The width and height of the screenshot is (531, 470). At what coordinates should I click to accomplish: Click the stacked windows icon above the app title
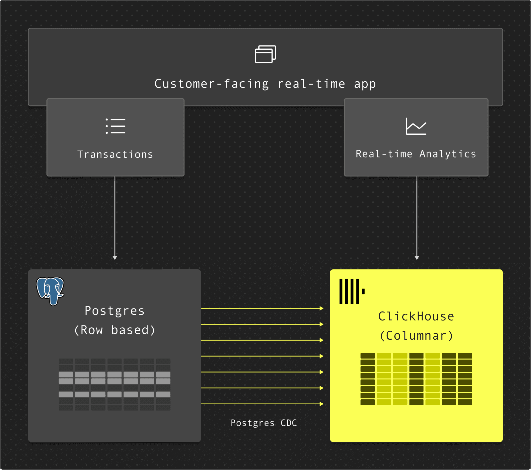pos(265,54)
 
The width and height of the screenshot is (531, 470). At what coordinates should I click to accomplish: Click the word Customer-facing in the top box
pos(211,84)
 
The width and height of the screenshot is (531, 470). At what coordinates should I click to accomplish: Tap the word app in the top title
pos(365,84)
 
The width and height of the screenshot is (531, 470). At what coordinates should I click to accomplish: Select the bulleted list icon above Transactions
pos(115,126)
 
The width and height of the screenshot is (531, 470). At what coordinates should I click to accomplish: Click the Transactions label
pos(115,155)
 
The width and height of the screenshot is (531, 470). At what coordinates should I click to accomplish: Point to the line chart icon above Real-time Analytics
pos(416,126)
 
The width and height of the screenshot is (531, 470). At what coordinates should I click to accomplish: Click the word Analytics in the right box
pos(448,154)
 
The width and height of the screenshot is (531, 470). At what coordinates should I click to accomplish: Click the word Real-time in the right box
pos(384,154)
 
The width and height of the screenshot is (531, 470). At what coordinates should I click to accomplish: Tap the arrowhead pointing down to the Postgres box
pos(115,258)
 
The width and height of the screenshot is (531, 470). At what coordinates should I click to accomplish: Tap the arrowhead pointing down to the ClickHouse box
pos(417,258)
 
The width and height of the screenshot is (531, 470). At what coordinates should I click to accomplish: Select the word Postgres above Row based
pos(114,311)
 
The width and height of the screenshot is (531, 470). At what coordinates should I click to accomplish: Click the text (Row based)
pos(114,330)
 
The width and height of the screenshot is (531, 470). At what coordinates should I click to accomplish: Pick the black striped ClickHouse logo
pos(351,292)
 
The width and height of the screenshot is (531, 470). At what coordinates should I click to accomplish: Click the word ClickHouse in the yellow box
pos(416,316)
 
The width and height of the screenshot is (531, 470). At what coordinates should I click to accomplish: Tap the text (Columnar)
pos(416,336)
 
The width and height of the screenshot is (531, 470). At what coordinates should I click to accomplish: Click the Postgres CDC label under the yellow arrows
pos(264,423)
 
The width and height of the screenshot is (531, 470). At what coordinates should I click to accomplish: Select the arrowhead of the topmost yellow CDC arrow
pos(321,308)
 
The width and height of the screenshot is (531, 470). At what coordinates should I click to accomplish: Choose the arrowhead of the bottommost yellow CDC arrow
pos(321,404)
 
